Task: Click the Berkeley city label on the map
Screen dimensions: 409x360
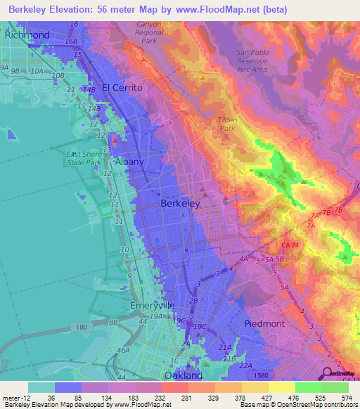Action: coord(181,203)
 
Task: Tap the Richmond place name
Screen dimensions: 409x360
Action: coord(27,34)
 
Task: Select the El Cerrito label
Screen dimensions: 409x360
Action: coord(122,88)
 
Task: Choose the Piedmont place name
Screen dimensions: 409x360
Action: coord(264,323)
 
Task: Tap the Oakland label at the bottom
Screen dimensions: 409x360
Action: coord(183,375)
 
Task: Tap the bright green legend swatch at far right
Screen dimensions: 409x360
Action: coord(335,387)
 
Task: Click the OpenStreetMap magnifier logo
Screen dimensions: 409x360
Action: coord(327,373)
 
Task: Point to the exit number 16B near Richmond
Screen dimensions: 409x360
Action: coord(70,41)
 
